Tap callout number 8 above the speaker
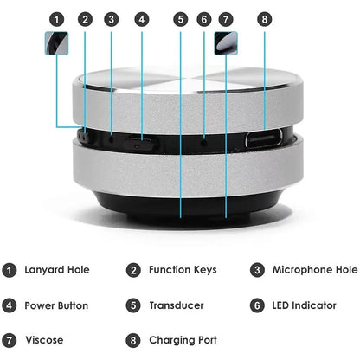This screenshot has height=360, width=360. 265,18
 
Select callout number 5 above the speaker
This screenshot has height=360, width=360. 180,18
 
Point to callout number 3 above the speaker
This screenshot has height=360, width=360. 112,18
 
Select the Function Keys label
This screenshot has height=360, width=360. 183,270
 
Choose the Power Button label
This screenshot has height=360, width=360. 57,305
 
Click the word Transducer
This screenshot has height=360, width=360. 176,305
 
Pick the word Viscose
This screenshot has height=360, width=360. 44,340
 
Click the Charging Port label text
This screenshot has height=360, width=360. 182,340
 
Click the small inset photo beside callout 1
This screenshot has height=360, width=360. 56,45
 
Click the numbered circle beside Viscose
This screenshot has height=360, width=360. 9,340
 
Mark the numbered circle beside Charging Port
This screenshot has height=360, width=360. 132,340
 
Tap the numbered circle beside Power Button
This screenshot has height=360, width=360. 9,305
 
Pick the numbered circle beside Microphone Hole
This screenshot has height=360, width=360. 257,270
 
